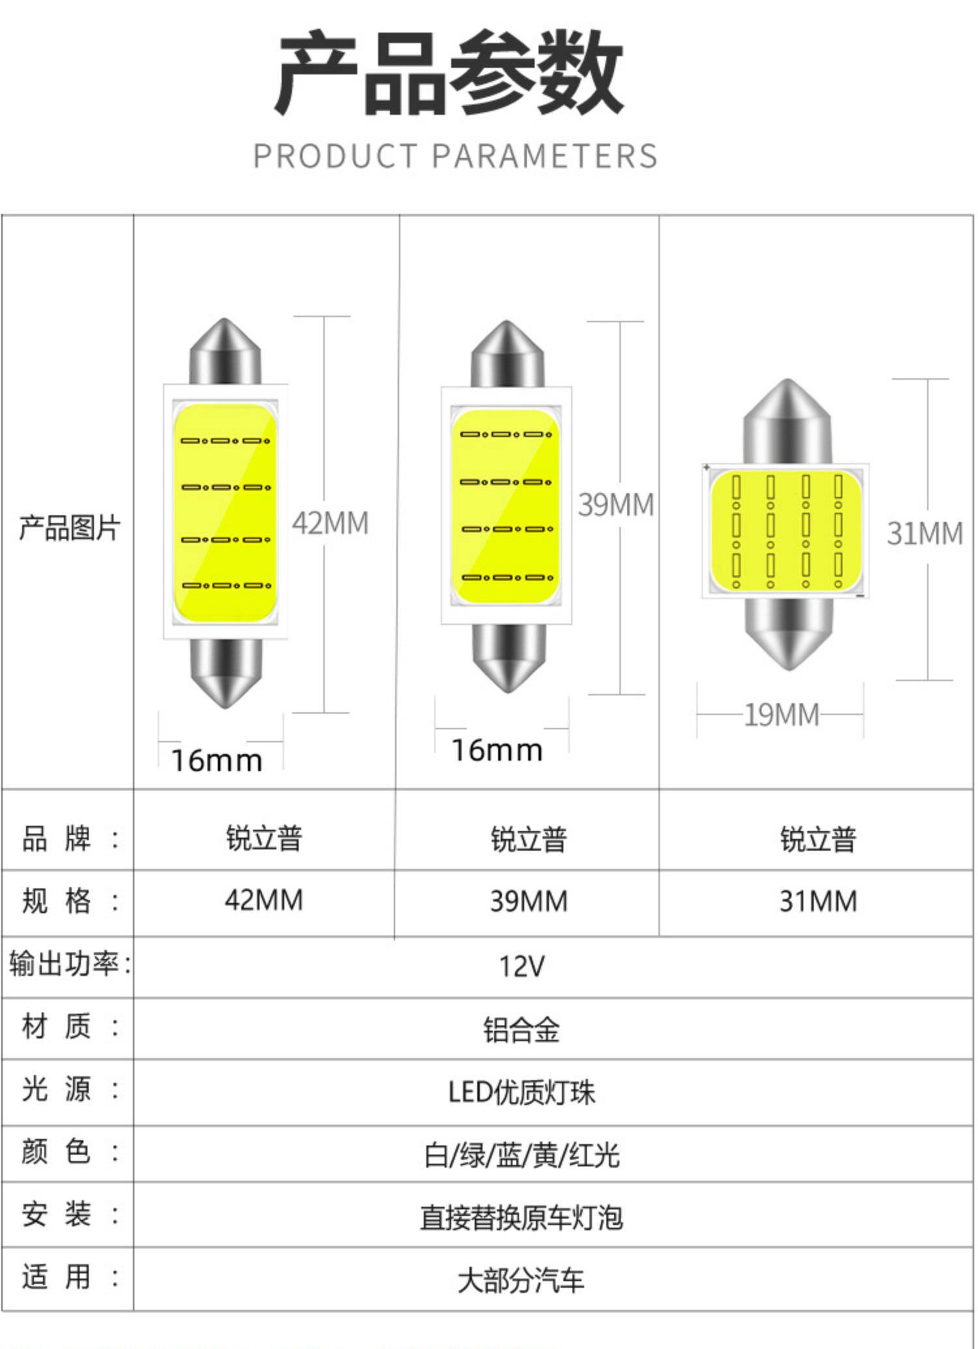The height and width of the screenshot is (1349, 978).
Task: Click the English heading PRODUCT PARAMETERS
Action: (455, 157)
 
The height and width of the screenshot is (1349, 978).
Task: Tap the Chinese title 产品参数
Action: (450, 73)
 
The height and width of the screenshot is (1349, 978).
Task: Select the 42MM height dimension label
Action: (330, 523)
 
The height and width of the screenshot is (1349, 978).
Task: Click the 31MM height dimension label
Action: (924, 534)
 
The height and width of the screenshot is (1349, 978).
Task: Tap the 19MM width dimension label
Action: (781, 715)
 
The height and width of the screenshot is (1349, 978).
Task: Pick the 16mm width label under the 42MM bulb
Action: (216, 761)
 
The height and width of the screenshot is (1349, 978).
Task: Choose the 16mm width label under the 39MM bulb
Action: (497, 751)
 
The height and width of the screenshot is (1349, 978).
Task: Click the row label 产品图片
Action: (69, 528)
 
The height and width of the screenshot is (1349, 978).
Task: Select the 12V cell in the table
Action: (521, 967)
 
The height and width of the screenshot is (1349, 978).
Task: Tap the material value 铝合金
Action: (521, 1030)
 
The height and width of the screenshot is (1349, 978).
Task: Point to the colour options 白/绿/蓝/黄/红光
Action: (521, 1155)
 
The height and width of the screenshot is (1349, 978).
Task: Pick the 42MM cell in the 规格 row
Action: (264, 901)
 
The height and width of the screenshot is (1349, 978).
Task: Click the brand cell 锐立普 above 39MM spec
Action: (529, 839)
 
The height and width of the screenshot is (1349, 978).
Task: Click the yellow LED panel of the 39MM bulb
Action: (506, 506)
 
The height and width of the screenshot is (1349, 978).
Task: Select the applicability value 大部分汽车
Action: (521, 1281)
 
